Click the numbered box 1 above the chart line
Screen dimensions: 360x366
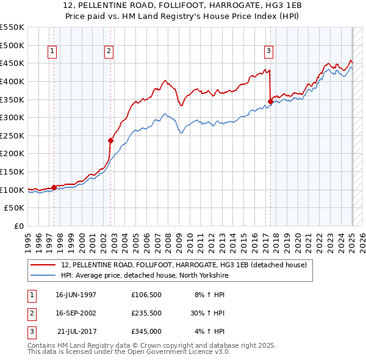click(x=52, y=52)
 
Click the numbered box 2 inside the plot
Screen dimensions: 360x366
click(x=109, y=52)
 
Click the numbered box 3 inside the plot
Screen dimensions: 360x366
click(x=268, y=52)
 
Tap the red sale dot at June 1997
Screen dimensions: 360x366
click(x=54, y=187)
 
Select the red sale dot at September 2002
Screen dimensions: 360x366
click(x=111, y=140)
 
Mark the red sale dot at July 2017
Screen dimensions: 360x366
click(x=270, y=101)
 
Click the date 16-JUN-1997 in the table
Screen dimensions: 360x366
click(x=76, y=295)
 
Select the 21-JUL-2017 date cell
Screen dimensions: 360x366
click(x=76, y=332)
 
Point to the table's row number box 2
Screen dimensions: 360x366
click(x=31, y=314)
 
